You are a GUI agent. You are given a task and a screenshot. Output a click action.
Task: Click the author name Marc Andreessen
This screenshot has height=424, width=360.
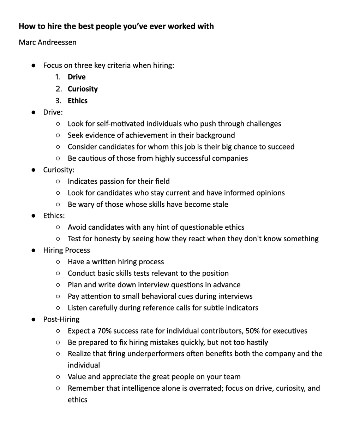pyautogui.click(x=47, y=42)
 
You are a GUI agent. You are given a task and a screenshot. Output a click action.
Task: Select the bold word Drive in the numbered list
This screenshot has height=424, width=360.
pyautogui.click(x=77, y=77)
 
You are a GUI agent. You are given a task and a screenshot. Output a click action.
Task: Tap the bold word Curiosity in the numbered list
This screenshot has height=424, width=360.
pyautogui.click(x=83, y=89)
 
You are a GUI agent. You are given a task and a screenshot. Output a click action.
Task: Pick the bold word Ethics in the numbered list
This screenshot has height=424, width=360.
pyautogui.click(x=78, y=101)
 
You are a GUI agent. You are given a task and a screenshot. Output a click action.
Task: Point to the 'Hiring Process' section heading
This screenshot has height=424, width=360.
pyautogui.click(x=66, y=250)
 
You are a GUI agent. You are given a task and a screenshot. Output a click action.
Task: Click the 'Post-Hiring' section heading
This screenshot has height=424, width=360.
pyautogui.click(x=61, y=319)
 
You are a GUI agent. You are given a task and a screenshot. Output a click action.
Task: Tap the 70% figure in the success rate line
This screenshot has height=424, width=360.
pyautogui.click(x=105, y=331)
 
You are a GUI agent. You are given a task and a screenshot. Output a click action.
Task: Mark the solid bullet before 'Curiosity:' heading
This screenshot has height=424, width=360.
pyautogui.click(x=33, y=170)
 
